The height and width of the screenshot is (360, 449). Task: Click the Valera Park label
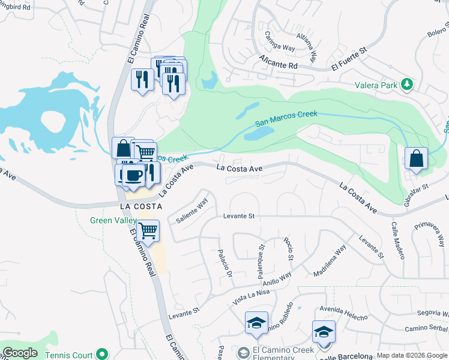pos(376,85)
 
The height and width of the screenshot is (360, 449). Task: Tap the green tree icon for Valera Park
pos(407,84)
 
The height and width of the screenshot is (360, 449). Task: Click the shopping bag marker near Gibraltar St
pos(416,159)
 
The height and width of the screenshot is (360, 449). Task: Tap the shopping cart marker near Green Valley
pos(148,230)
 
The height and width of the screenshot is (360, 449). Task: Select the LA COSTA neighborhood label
pos(142,206)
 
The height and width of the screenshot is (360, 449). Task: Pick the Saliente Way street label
pos(191,211)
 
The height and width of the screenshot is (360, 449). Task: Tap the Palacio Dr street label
pos(224,262)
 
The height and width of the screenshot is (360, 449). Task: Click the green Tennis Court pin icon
pos(102,355)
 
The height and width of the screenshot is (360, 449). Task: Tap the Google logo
pos(20,353)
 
